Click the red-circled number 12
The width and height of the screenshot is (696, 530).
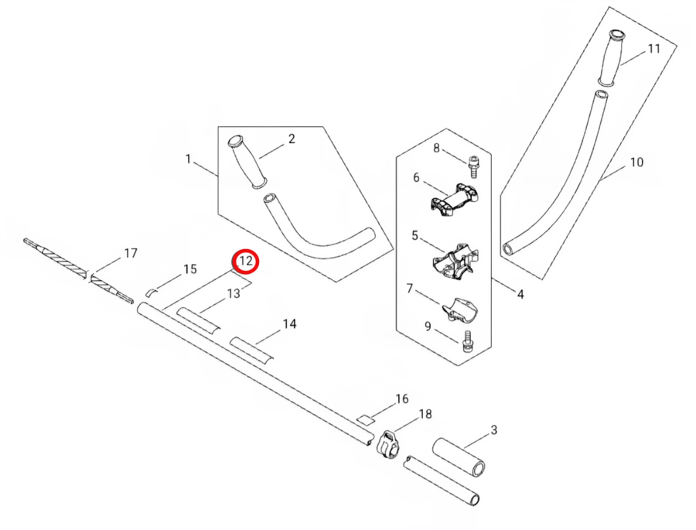pos(246,262)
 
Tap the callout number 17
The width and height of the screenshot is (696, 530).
pos(131,253)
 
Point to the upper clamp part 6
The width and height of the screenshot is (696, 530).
pos(455,200)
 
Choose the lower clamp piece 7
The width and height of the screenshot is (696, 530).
pos(458,308)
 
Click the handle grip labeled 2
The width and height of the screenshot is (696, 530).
pos(247,160)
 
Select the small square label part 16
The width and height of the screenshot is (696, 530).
pos(365,419)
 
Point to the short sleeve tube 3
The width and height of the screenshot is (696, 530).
pos(459,457)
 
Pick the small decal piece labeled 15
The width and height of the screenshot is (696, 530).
pos(152,292)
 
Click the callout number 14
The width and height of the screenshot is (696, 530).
pos(289,324)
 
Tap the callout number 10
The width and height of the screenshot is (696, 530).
pos(636,162)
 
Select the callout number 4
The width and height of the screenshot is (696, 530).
pos(520,294)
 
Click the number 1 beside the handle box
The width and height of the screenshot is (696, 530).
pos(188,159)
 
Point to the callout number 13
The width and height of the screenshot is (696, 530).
pos(234,293)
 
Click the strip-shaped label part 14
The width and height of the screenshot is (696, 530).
pos(251,349)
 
